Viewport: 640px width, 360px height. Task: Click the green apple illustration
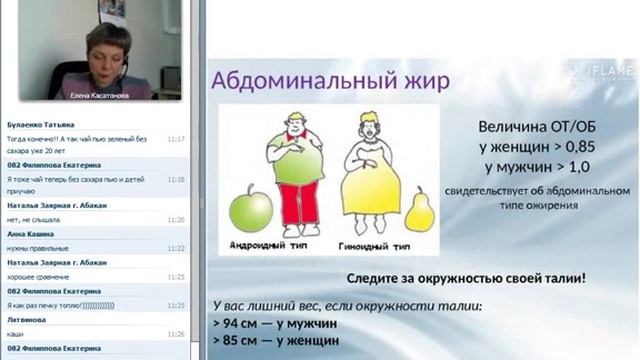click(250, 210)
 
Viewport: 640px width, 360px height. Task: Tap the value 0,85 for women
click(564, 147)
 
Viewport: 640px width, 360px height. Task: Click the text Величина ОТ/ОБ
click(530, 127)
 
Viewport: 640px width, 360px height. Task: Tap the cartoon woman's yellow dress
click(370, 186)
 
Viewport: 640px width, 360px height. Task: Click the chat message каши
click(15, 334)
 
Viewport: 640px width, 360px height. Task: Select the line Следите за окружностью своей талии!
click(466, 277)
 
